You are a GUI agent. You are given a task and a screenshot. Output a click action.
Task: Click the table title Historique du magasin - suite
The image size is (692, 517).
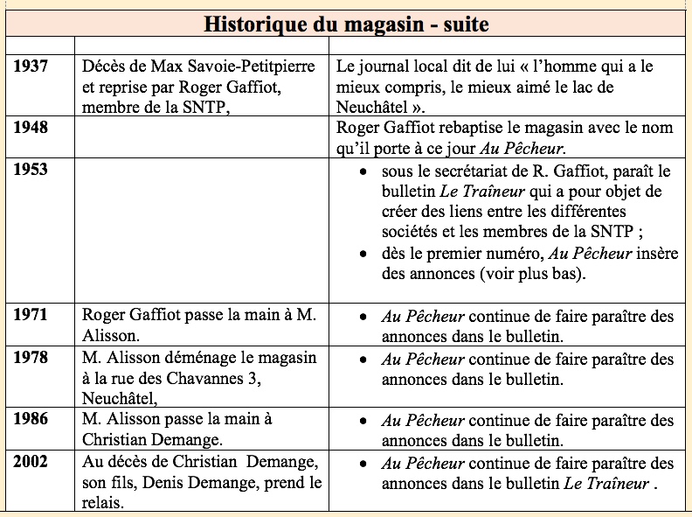coord(346,24)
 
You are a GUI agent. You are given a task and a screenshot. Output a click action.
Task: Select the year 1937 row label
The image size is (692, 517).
coord(31,66)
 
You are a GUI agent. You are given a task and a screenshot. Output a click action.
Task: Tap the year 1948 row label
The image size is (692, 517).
coord(31,128)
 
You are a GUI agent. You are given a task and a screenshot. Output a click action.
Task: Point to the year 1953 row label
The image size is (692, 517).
coord(31,170)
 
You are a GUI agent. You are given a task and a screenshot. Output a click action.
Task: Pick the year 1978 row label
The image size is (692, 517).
coord(31,359)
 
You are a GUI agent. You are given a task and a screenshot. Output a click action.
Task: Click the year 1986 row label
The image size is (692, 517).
coord(31,420)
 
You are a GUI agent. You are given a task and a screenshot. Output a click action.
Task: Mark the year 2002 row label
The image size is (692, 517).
coord(31,463)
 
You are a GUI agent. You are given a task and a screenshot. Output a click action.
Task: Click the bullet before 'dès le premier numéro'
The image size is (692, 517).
coord(364,254)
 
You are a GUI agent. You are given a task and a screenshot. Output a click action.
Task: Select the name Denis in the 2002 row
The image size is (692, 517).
coord(157,483)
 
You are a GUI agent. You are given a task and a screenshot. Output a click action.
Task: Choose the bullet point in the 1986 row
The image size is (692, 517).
coord(364,420)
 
